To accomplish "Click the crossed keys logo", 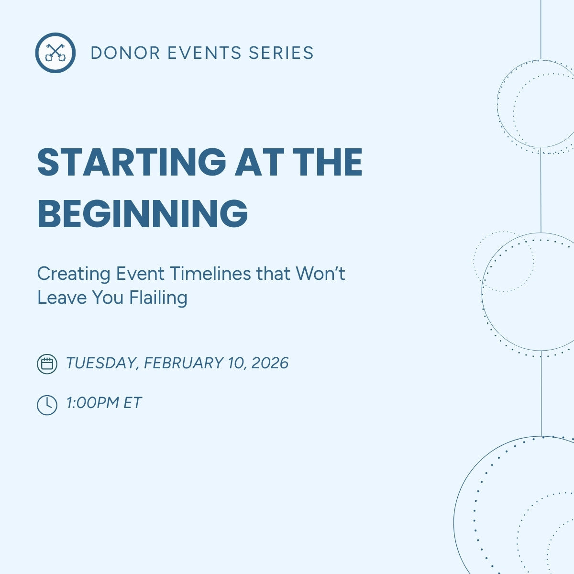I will point(55,53).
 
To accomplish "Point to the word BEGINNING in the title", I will point(143,213).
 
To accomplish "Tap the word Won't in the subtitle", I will point(320,274).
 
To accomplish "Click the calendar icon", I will point(47,364).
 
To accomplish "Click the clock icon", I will point(47,405).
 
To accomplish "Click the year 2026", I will point(270,363).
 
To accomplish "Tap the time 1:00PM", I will point(92,403).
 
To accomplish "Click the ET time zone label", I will point(132,403).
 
